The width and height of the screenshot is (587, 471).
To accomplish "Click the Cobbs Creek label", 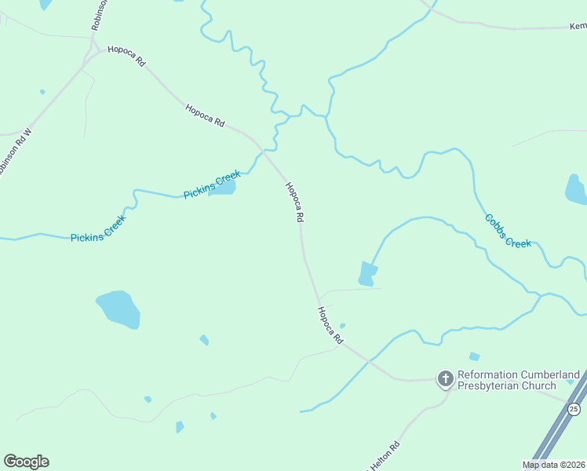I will [508, 231].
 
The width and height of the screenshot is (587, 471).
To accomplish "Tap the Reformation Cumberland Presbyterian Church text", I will [519, 380].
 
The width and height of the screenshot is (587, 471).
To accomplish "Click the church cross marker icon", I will [445, 380].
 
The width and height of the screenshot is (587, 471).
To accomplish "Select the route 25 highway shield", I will [574, 409].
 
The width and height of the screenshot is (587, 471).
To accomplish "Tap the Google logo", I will [26, 462].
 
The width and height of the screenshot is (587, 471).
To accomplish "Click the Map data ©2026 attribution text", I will [553, 465].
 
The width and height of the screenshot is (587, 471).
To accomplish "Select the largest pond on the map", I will [118, 309].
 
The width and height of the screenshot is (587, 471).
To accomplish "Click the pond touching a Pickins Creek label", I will [222, 187].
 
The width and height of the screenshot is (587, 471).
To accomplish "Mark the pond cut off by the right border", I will [576, 190].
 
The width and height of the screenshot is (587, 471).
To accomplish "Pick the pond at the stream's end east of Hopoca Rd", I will [366, 273].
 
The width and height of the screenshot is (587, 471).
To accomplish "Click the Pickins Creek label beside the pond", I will [211, 184].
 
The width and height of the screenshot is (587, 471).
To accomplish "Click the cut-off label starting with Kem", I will [577, 26].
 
